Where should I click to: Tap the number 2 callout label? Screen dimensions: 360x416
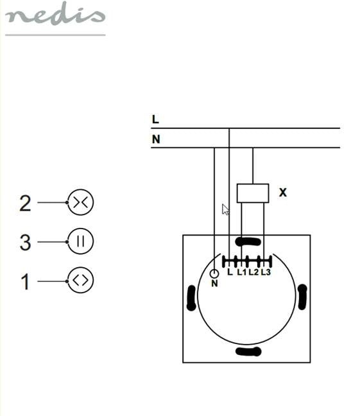(25, 204)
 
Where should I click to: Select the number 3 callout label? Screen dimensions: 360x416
(26, 242)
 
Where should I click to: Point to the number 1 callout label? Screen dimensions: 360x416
(26, 281)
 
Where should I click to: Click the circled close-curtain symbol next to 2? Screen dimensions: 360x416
(80, 202)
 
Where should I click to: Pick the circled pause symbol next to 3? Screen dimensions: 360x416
(80, 241)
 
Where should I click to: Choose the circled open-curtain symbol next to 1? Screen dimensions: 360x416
(80, 281)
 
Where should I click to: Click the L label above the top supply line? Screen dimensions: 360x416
(155, 119)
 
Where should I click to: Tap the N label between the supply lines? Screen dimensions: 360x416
(156, 139)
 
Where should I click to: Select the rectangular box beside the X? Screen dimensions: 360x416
(253, 193)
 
